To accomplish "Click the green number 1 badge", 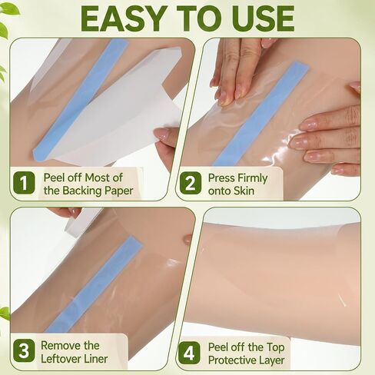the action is pyautogui.click(x=24, y=183).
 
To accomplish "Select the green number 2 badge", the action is pyautogui.click(x=191, y=183).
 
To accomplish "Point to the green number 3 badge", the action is pyautogui.click(x=24, y=350).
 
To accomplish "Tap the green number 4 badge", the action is pyautogui.click(x=190, y=353).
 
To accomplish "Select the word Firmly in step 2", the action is pyautogui.click(x=253, y=178).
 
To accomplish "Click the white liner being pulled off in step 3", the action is pyautogui.click(x=82, y=221).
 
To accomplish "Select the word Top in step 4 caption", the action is pyautogui.click(x=276, y=347).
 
